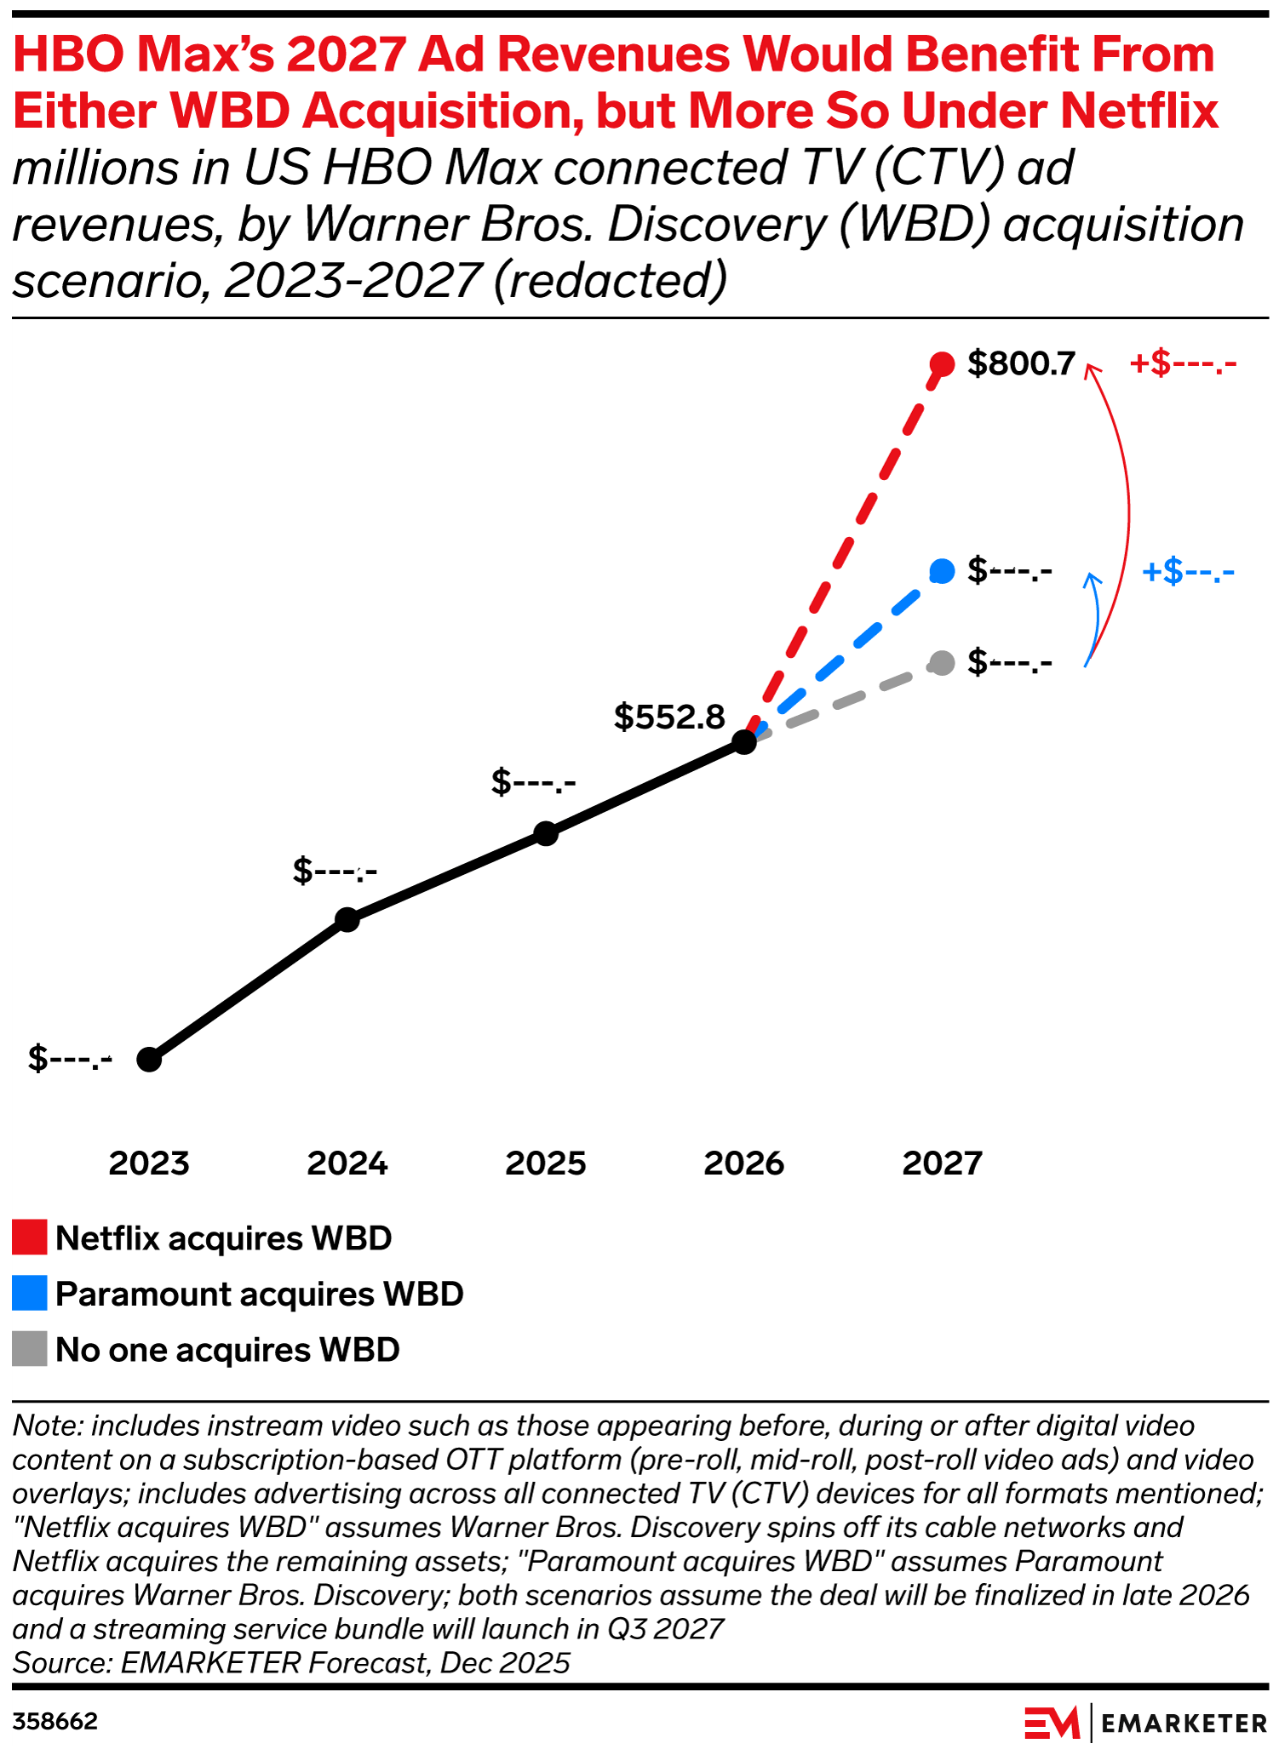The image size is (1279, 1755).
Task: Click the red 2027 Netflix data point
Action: tap(942, 364)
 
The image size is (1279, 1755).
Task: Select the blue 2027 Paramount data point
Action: tap(942, 571)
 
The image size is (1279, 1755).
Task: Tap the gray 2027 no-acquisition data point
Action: tap(942, 662)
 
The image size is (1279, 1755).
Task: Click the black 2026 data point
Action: tap(744, 742)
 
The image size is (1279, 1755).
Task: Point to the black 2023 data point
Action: tap(149, 1060)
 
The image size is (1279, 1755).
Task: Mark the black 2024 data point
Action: tap(347, 919)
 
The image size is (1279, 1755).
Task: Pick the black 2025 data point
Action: tap(546, 833)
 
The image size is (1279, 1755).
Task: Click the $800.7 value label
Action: tap(1022, 364)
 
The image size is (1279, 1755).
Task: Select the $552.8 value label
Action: tap(669, 717)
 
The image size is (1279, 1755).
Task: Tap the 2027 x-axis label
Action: tap(942, 1163)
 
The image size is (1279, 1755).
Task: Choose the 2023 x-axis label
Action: tap(149, 1163)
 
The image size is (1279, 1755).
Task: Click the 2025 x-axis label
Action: tap(546, 1163)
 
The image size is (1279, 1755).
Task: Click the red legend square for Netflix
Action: tap(30, 1238)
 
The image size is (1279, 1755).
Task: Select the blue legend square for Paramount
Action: tap(30, 1294)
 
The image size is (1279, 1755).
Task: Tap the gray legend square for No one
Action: tap(30, 1350)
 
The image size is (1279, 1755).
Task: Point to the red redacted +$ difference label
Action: tap(1182, 364)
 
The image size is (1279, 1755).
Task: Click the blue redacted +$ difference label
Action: tap(1188, 571)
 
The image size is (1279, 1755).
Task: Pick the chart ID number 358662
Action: tap(55, 1722)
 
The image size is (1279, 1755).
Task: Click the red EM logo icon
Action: tap(1052, 1723)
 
